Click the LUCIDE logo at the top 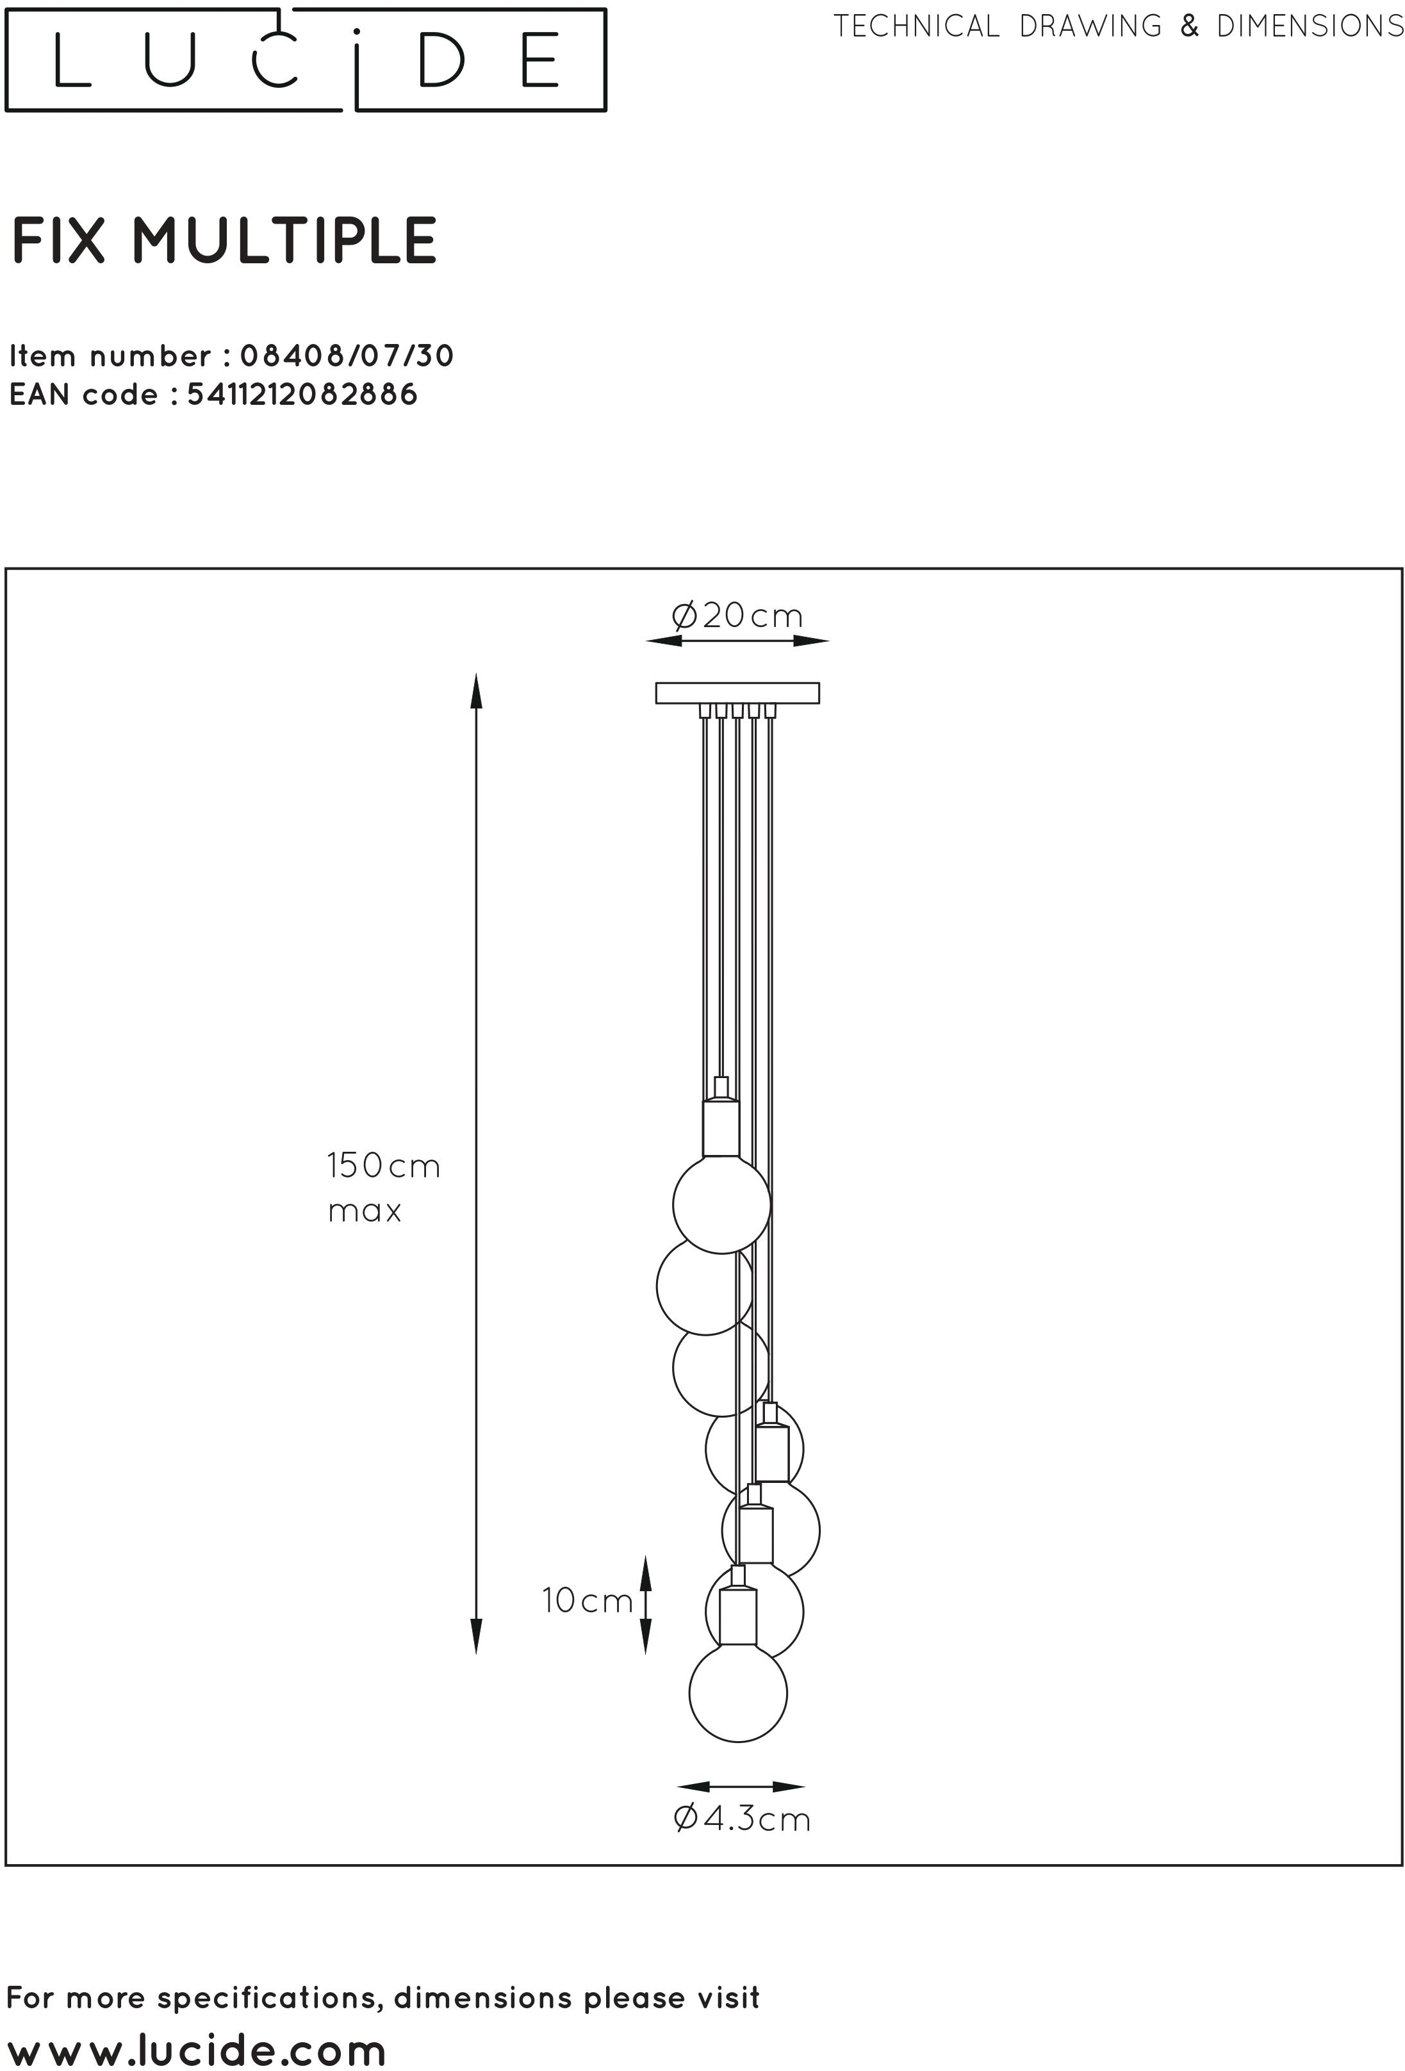(305, 60)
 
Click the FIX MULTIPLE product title (224, 241)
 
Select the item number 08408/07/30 (347, 356)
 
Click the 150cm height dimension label (383, 1166)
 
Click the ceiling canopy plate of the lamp (737, 693)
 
